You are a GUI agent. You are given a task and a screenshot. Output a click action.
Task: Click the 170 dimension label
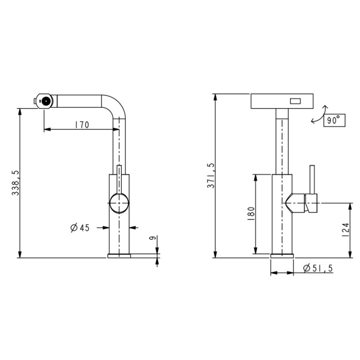[x=82, y=125]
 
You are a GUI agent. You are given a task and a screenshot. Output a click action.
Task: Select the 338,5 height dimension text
[x=15, y=183]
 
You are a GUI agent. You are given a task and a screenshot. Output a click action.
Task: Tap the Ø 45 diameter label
[x=80, y=228]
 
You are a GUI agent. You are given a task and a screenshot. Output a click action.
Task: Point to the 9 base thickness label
[x=152, y=238]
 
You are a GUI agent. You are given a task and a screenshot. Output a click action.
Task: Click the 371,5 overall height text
[x=211, y=176]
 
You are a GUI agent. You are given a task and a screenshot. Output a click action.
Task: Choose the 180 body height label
[x=251, y=214]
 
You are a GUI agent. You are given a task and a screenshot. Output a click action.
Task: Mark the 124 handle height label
[x=346, y=230]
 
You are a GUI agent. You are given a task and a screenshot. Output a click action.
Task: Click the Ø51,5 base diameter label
[x=318, y=268]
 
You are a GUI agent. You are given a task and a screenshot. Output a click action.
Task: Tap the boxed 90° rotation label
[x=334, y=120]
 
